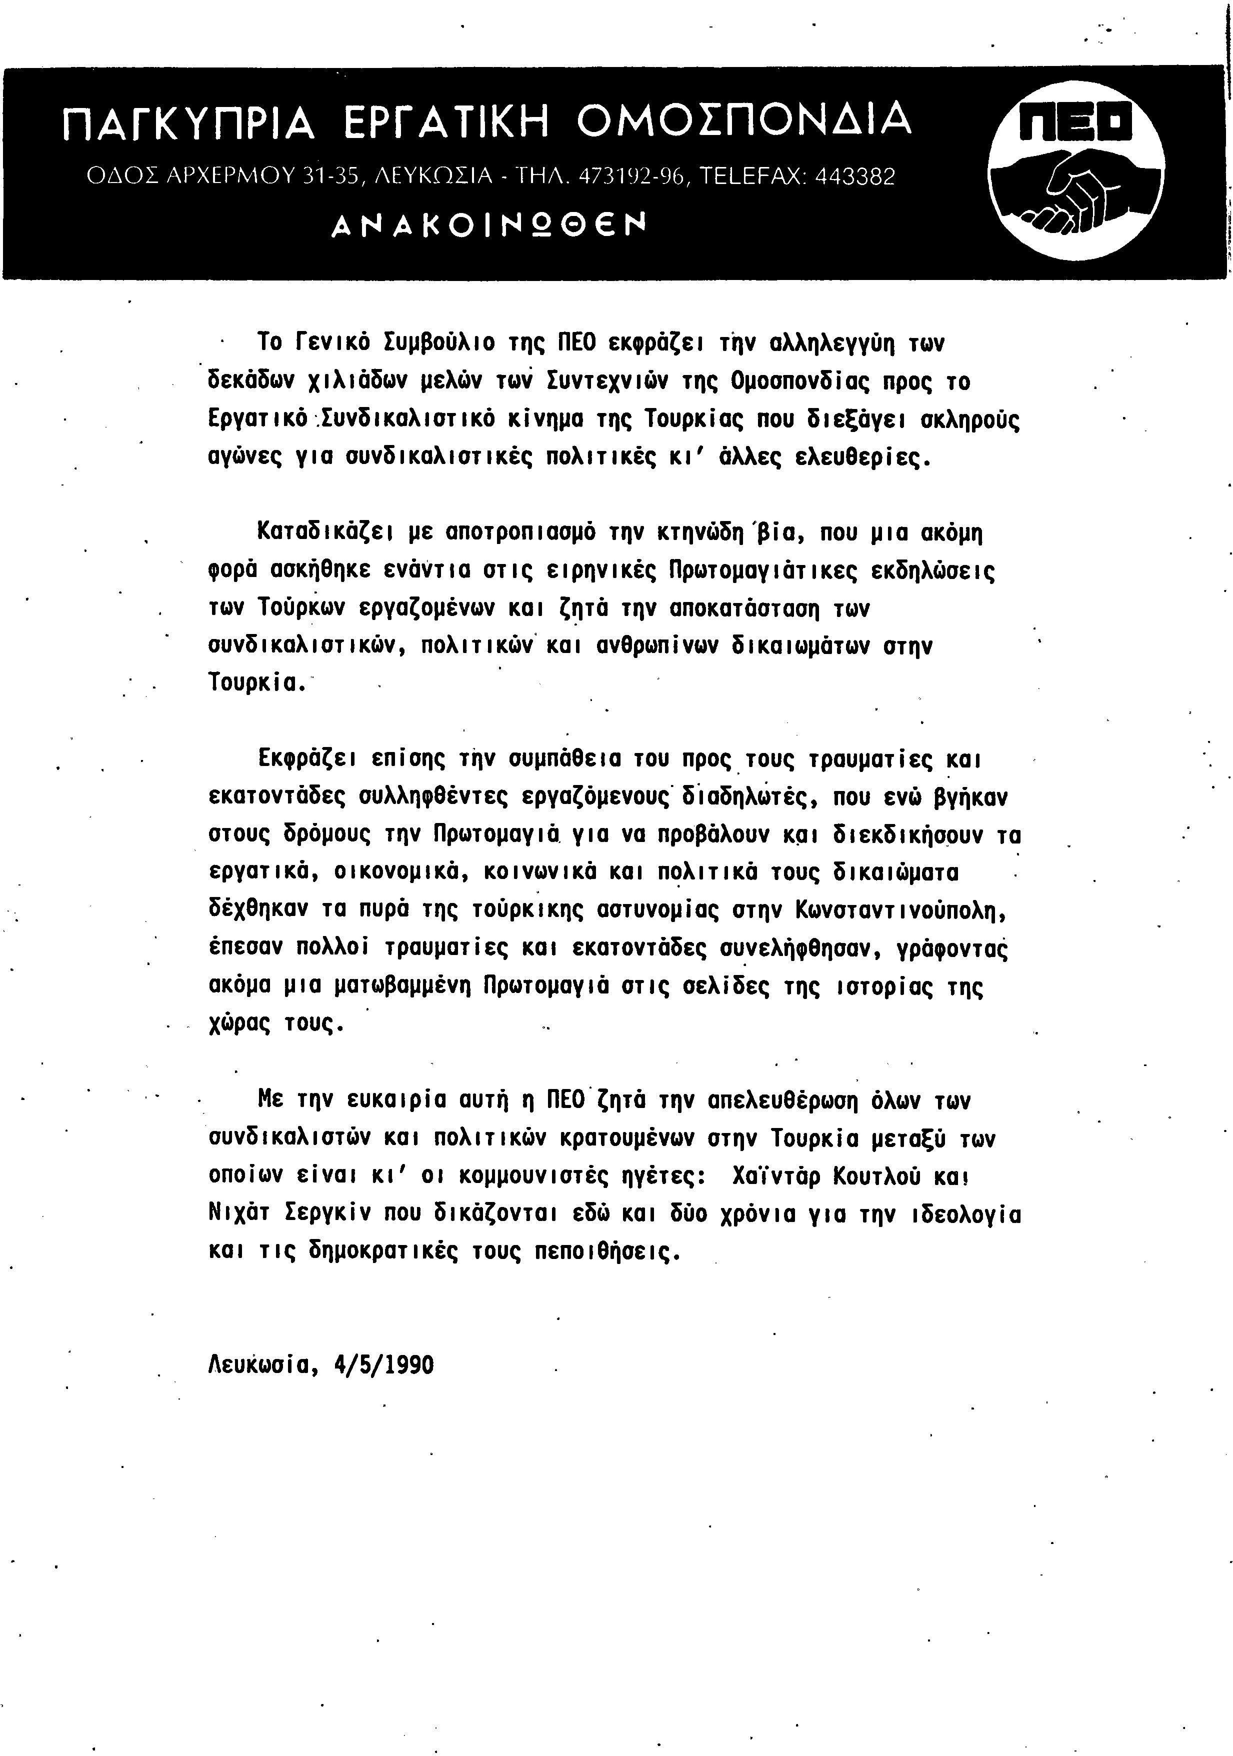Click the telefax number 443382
pos(855,177)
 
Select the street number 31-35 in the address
pos(331,177)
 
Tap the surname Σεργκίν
pos(318,1214)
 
